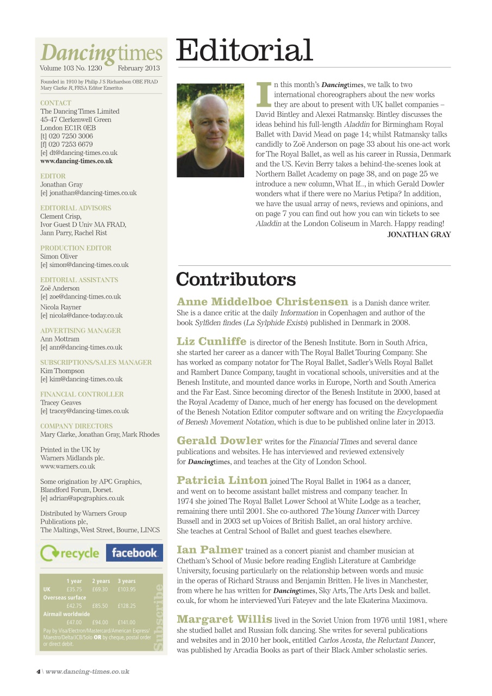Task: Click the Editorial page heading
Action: click(245, 51)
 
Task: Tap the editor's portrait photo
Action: click(210, 130)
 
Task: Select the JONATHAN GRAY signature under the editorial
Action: click(419, 235)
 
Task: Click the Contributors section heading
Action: click(236, 279)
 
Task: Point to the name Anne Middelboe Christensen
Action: click(263, 302)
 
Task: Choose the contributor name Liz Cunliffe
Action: click(211, 341)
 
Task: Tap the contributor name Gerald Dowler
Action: click(220, 441)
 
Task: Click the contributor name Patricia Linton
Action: click(222, 481)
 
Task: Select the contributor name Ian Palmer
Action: click(210, 550)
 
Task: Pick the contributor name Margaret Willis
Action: click(225, 619)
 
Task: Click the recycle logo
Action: click(70, 553)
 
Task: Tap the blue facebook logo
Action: click(134, 553)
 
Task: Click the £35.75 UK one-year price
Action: click(74, 589)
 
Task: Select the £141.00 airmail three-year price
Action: click(127, 622)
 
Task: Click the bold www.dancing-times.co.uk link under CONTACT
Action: click(76, 161)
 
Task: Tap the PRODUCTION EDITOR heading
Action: click(76, 248)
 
